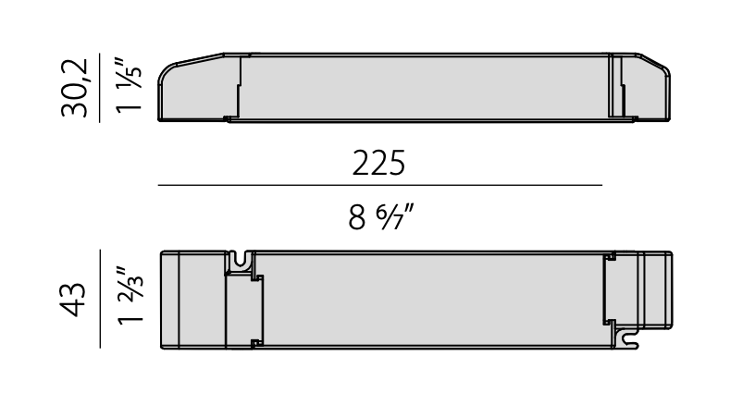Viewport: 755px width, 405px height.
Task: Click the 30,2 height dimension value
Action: [75, 88]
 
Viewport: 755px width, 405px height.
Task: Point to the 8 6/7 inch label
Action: [380, 218]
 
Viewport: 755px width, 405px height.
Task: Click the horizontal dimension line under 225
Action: [379, 185]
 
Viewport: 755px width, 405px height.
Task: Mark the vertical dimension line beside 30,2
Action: [100, 88]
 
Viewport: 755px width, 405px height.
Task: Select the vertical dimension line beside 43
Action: [100, 298]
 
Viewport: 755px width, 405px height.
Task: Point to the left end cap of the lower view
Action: [192, 299]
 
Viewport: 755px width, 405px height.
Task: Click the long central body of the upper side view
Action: [426, 88]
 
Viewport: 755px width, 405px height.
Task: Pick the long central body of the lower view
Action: [430, 299]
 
